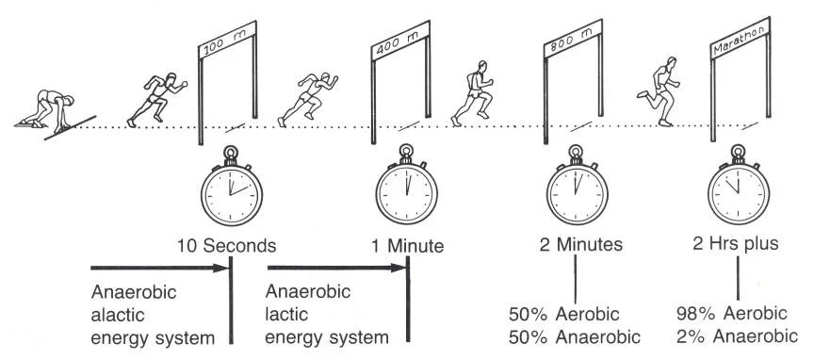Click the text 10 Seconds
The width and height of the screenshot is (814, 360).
click(227, 246)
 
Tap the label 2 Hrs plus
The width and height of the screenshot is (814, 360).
click(735, 246)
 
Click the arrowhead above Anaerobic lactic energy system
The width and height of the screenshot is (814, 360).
click(399, 269)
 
